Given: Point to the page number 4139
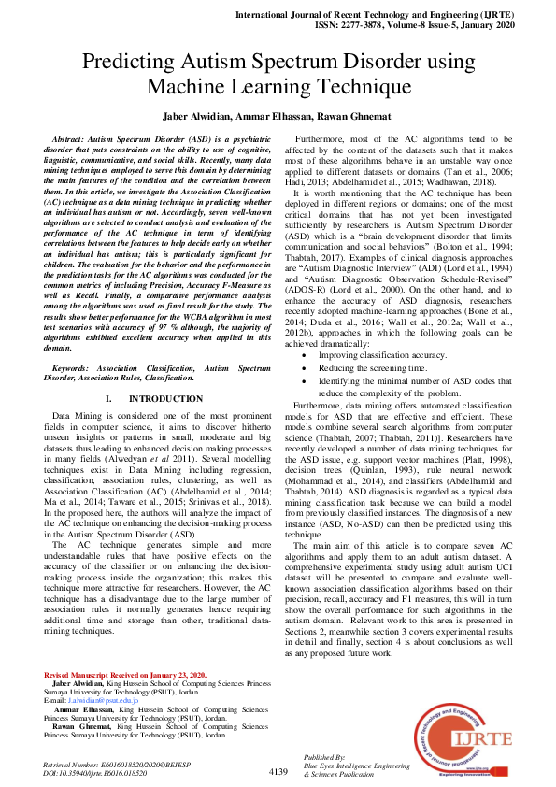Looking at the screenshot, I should pyautogui.click(x=278, y=771).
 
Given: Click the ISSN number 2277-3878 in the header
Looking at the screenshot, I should pyautogui.click(x=363, y=27).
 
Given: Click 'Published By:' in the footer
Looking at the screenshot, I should pyautogui.click(x=324, y=757).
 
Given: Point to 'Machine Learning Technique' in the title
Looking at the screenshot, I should pyautogui.click(x=278, y=87).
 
